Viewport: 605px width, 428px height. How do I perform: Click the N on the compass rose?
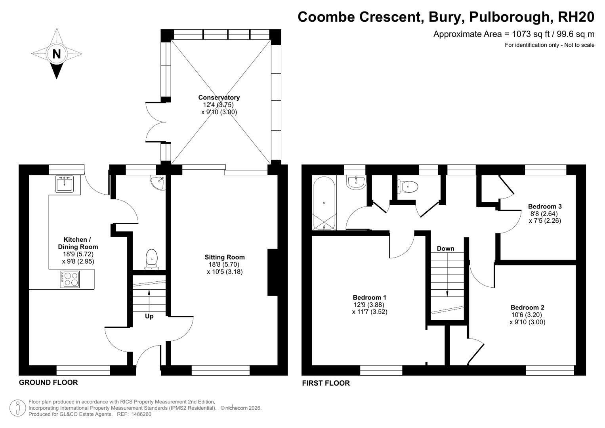56,54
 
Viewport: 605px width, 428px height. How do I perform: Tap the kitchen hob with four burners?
70,279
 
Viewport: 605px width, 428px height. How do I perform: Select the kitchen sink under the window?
64,184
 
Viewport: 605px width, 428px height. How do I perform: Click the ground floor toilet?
152,260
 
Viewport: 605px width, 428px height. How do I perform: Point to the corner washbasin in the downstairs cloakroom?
159,182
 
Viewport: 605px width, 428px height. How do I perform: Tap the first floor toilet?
408,186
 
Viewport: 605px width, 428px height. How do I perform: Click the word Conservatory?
219,97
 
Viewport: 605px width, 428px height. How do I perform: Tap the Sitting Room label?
225,257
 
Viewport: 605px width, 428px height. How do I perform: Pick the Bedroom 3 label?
545,206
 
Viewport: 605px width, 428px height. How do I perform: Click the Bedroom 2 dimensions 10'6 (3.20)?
527,315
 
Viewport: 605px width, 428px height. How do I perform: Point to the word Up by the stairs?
149,316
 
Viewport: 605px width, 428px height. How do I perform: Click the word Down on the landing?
445,248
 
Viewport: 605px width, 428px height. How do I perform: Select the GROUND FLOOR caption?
48,382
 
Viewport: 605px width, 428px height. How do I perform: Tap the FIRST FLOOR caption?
326,383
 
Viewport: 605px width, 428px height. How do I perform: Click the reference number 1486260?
141,414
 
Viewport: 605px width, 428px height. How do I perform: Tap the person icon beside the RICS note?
17,408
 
